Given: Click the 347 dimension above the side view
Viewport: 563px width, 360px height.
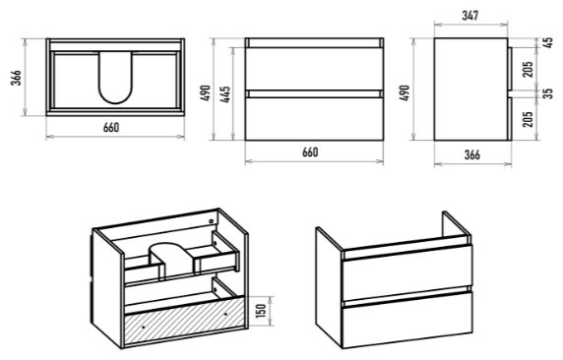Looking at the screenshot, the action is point(470,16).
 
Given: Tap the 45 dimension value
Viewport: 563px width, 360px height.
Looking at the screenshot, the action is point(548,42).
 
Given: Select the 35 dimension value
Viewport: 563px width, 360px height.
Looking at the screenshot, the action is point(548,93).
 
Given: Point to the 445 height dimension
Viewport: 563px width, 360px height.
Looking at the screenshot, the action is point(225,94).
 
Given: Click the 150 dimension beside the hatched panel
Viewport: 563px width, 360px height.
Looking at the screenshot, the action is point(262,311).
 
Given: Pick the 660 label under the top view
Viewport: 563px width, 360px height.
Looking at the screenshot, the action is point(111,128).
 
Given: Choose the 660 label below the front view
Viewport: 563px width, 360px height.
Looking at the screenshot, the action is point(310,152).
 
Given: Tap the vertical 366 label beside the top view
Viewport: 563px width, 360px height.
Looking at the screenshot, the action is point(16,78).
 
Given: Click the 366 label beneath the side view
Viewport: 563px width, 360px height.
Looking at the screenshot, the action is point(471,154).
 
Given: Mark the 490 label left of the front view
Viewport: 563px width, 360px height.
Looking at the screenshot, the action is point(205,93).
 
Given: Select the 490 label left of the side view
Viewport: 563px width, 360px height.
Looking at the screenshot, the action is point(405,93).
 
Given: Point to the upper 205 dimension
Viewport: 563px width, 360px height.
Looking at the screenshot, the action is point(528,69).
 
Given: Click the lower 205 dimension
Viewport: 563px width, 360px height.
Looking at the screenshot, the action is point(528,118).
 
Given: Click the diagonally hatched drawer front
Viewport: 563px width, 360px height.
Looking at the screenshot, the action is point(185,322).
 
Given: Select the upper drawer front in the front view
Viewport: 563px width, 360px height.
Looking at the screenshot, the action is point(314,69).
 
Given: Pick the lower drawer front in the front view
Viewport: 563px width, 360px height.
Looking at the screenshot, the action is point(314,119).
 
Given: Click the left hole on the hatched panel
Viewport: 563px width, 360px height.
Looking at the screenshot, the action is point(144,328).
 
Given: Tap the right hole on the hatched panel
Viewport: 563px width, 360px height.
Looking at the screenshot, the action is point(225,314).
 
